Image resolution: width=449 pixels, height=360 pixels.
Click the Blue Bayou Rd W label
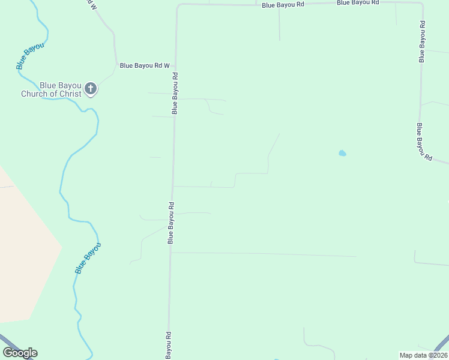145,65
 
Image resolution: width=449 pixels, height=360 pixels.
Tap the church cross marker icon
90,89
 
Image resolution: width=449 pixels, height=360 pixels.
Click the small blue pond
342,153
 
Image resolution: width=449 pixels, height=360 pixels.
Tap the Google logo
20,353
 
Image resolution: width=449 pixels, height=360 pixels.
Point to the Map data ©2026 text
424,355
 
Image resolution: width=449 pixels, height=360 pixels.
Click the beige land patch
24,252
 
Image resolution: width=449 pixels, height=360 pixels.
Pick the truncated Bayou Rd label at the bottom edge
169,344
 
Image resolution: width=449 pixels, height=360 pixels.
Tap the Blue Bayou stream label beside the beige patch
88,258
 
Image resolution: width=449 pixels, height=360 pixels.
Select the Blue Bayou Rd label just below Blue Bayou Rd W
175,93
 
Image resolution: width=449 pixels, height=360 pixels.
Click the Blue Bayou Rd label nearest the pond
424,142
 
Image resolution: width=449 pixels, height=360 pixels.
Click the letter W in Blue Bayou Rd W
167,65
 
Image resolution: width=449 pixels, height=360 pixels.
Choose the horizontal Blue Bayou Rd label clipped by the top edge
358,2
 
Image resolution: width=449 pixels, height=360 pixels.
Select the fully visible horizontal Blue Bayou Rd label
283,5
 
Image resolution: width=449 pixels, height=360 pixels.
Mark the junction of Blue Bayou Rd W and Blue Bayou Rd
176,65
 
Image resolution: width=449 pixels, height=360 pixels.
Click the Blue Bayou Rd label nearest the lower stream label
171,223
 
